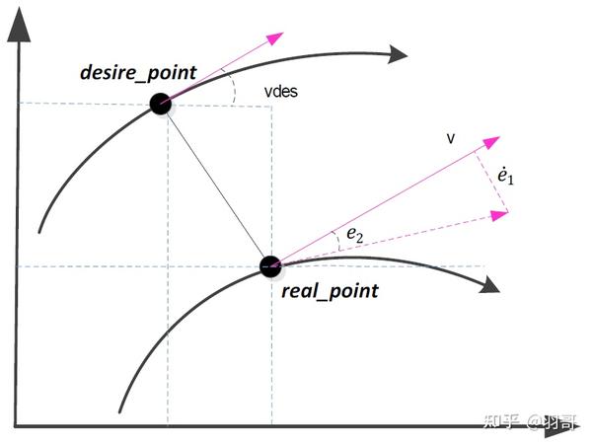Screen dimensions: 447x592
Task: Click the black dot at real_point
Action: pyautogui.click(x=270, y=265)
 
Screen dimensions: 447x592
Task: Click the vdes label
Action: pyautogui.click(x=281, y=92)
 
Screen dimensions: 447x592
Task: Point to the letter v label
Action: pyautogui.click(x=451, y=139)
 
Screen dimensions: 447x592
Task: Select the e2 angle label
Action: pyautogui.click(x=353, y=234)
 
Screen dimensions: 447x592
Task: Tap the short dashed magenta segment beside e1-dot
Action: pyautogui.click(x=492, y=174)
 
